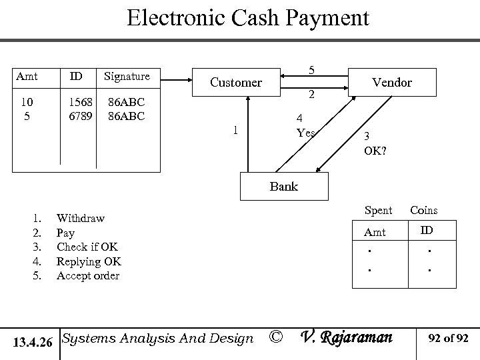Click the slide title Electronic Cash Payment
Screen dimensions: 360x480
point(247,18)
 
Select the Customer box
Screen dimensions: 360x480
point(235,83)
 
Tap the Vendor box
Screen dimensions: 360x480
point(391,83)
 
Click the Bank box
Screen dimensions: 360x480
point(283,187)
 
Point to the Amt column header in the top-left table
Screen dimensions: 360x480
point(27,76)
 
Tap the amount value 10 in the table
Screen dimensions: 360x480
point(26,103)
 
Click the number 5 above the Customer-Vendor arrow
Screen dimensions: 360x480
point(312,69)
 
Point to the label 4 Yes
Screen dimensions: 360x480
point(305,127)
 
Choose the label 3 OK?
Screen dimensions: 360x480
point(374,144)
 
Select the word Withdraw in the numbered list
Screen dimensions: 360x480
point(80,218)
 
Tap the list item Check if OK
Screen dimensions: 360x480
point(87,247)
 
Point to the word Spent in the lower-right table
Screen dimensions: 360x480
point(378,211)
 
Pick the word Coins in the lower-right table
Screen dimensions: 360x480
point(423,211)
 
